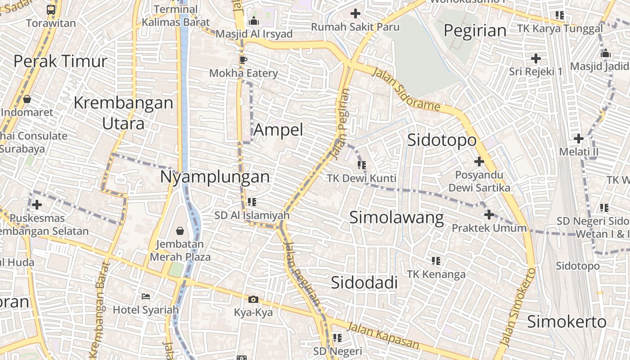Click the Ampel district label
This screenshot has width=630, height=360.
click(279, 130)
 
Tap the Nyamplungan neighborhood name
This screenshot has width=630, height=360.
click(215, 176)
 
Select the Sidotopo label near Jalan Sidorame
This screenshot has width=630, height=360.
click(441, 140)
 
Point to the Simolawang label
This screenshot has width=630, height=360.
click(396, 218)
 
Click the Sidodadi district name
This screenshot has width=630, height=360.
click(364, 283)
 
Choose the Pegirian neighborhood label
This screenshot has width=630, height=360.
click(475, 31)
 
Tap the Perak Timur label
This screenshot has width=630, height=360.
click(60, 61)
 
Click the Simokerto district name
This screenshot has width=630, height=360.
click(567, 322)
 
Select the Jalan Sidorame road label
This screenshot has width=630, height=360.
click(406, 90)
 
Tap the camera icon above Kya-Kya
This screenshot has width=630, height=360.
click(253, 299)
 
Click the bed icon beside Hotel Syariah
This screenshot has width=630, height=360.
click(146, 296)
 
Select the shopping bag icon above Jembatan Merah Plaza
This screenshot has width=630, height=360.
click(180, 231)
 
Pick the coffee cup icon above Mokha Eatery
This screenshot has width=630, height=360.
click(243, 59)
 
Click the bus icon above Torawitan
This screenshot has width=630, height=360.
click(51, 9)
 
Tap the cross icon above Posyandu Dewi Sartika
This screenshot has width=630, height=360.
click(479, 161)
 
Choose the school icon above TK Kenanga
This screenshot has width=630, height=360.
click(436, 261)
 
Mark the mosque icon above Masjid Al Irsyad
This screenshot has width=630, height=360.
click(254, 21)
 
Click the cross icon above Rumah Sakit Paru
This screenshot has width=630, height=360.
click(355, 13)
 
